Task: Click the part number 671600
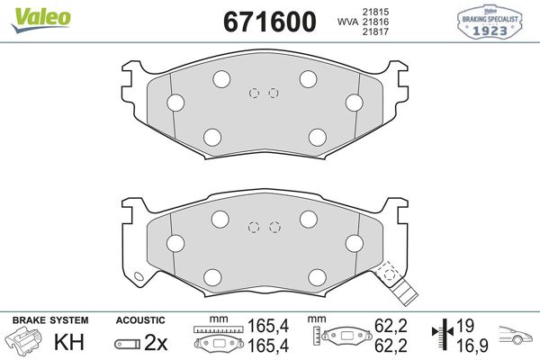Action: tap(262, 21)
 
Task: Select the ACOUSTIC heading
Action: tap(140, 320)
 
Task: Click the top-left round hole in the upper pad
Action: tap(220, 79)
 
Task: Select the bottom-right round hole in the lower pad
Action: tap(317, 276)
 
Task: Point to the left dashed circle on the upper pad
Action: tap(255, 93)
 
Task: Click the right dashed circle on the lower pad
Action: tap(274, 227)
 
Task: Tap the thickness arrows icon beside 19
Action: tap(443, 334)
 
